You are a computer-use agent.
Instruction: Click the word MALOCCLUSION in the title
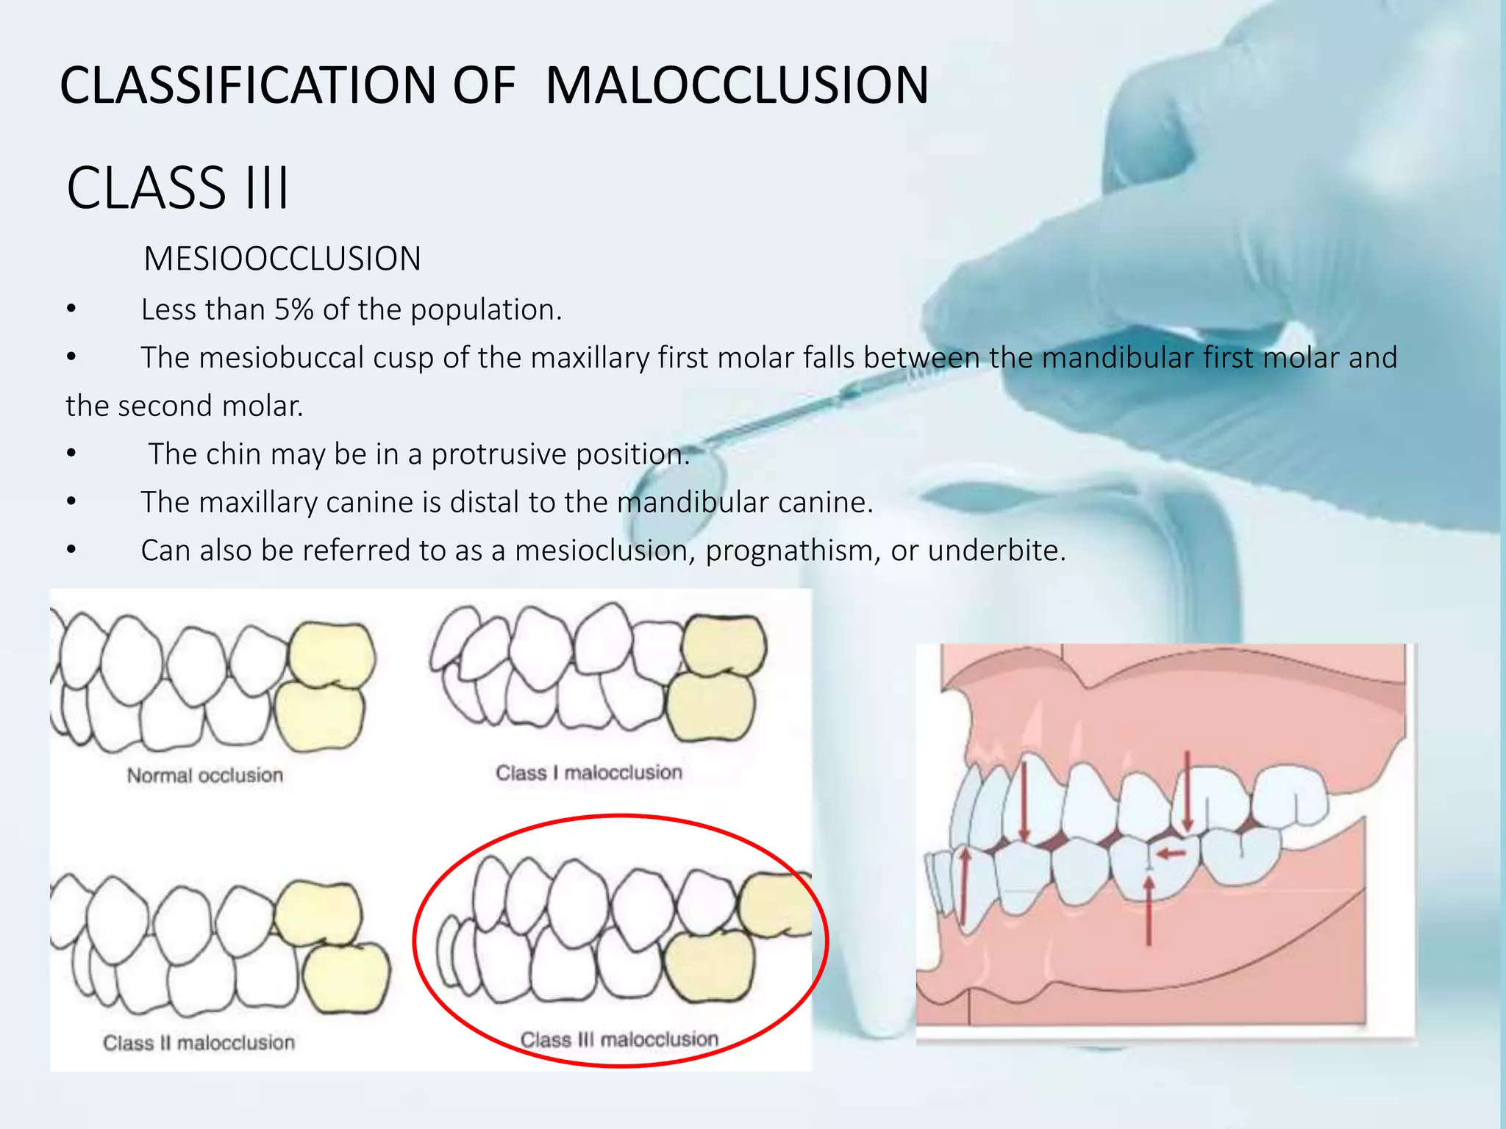(737, 85)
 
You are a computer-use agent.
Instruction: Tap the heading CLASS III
(178, 188)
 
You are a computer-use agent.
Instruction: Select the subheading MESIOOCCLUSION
(282, 259)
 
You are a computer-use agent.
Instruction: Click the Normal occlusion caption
(204, 775)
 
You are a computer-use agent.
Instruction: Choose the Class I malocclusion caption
(588, 773)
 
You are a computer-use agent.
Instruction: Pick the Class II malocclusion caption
(199, 1042)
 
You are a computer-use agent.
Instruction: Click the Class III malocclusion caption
(619, 1039)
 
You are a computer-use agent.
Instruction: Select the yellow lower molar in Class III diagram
(709, 966)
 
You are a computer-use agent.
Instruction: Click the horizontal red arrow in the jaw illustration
(1171, 853)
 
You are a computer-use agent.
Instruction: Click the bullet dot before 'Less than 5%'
(71, 309)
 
